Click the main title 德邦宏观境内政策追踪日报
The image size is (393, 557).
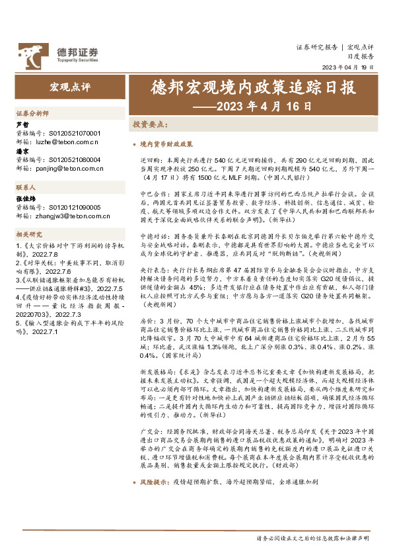(243, 87)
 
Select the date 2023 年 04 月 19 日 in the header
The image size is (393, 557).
(347, 68)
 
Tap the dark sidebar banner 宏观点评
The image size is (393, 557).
(69, 87)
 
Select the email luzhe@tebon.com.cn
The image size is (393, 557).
(65, 141)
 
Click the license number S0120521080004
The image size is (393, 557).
(75, 160)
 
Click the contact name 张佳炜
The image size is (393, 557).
(24, 198)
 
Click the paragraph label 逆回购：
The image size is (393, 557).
(151, 160)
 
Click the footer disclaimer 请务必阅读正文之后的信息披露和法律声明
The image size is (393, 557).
(312, 538)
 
